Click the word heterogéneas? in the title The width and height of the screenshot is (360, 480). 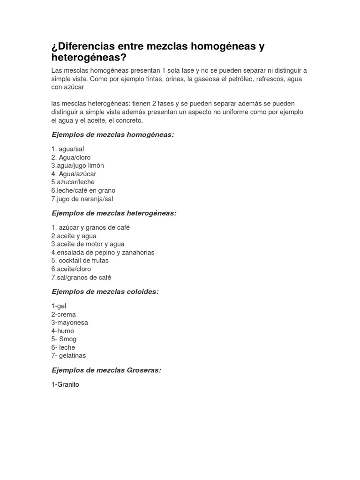pyautogui.click(x=89, y=58)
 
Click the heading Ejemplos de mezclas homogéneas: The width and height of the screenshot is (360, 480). pyautogui.click(x=112, y=135)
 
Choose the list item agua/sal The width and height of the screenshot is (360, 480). pyautogui.click(x=68, y=149)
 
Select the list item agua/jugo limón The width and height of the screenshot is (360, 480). pyautogui.click(x=78, y=165)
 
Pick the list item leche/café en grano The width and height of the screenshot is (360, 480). pyautogui.click(x=83, y=190)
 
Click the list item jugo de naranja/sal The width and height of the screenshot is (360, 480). pyautogui.click(x=82, y=199)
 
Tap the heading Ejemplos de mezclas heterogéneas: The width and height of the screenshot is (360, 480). pyautogui.click(x=114, y=213)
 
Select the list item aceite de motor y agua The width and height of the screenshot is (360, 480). pyautogui.click(x=88, y=244)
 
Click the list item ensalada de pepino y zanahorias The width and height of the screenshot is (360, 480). pyautogui.click(x=103, y=252)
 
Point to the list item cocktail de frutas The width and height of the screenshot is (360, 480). pyautogui.click(x=80, y=261)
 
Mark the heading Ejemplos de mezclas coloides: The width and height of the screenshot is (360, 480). pyautogui.click(x=105, y=292)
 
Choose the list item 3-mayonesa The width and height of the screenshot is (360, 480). pyautogui.click(x=70, y=322)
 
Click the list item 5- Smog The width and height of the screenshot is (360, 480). pyautogui.click(x=64, y=339)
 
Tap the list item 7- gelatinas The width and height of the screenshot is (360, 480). pyautogui.click(x=68, y=355)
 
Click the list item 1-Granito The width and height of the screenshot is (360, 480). pyautogui.click(x=66, y=384)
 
